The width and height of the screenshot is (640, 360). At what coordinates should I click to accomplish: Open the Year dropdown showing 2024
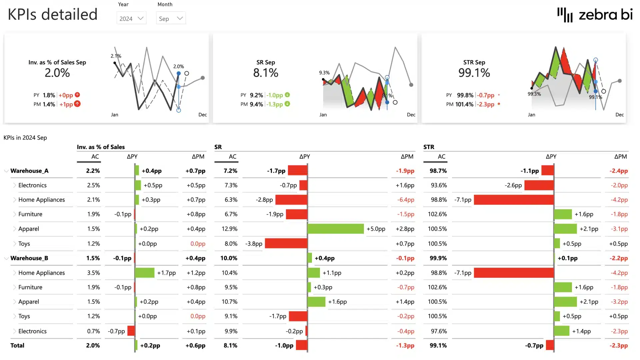click(131, 18)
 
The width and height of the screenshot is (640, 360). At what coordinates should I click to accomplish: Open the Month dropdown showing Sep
click(171, 18)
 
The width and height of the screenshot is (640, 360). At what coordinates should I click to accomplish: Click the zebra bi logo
click(595, 15)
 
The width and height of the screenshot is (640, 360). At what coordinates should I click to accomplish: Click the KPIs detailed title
click(53, 15)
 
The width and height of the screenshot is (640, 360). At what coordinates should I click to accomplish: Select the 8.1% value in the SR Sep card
click(265, 73)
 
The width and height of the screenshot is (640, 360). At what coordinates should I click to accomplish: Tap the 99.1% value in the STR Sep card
click(474, 73)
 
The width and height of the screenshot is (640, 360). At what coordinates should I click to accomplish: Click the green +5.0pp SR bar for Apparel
click(335, 229)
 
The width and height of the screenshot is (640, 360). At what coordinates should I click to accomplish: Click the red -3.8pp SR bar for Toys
click(286, 243)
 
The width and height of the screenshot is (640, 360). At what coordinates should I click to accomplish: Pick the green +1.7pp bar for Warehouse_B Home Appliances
click(145, 273)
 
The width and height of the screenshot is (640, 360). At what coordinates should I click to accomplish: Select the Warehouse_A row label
click(29, 171)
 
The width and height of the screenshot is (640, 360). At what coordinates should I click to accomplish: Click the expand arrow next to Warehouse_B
click(6, 258)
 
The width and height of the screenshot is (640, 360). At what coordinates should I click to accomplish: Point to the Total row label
click(17, 345)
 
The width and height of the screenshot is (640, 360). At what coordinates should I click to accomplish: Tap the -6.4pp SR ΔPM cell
click(406, 200)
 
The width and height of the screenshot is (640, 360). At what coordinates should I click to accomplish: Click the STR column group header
click(429, 147)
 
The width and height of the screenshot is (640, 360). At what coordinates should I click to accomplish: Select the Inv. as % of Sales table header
click(101, 147)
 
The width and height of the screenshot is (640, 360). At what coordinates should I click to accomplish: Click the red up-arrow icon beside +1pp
click(77, 104)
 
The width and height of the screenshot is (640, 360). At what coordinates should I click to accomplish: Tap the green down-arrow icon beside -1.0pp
click(287, 95)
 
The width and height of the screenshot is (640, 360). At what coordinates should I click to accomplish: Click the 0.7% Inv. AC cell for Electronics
click(93, 331)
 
